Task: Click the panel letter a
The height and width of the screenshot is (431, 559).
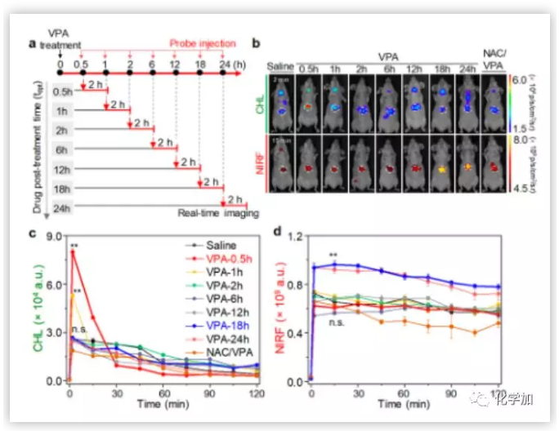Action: coord(32,43)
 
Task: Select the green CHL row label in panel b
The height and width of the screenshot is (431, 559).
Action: coord(260,103)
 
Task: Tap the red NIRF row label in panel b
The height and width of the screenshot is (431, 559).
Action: coord(260,166)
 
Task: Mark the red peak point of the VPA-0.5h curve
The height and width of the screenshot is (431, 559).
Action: coord(73,252)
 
